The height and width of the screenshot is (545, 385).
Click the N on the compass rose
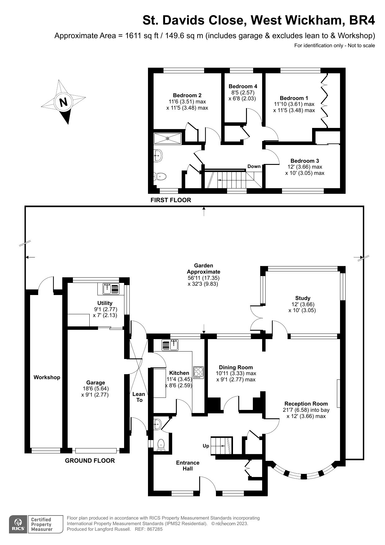pos(63,102)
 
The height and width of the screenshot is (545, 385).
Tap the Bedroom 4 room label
pos(243,86)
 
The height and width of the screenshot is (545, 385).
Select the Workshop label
pos(47,377)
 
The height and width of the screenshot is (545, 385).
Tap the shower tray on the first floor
pos(168,138)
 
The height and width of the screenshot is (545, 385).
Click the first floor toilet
pos(160,177)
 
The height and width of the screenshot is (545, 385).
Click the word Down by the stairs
pos(254,166)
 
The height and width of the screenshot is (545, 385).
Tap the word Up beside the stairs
pos(206,446)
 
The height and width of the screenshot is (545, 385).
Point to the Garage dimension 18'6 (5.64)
pos(95,388)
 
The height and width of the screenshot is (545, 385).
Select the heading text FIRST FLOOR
pos(171,200)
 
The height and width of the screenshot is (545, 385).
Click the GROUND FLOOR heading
pos(90,461)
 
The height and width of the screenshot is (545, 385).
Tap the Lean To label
pos(139,397)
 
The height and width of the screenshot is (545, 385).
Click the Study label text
pos(302,298)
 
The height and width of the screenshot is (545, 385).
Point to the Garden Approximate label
pos(204,269)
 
